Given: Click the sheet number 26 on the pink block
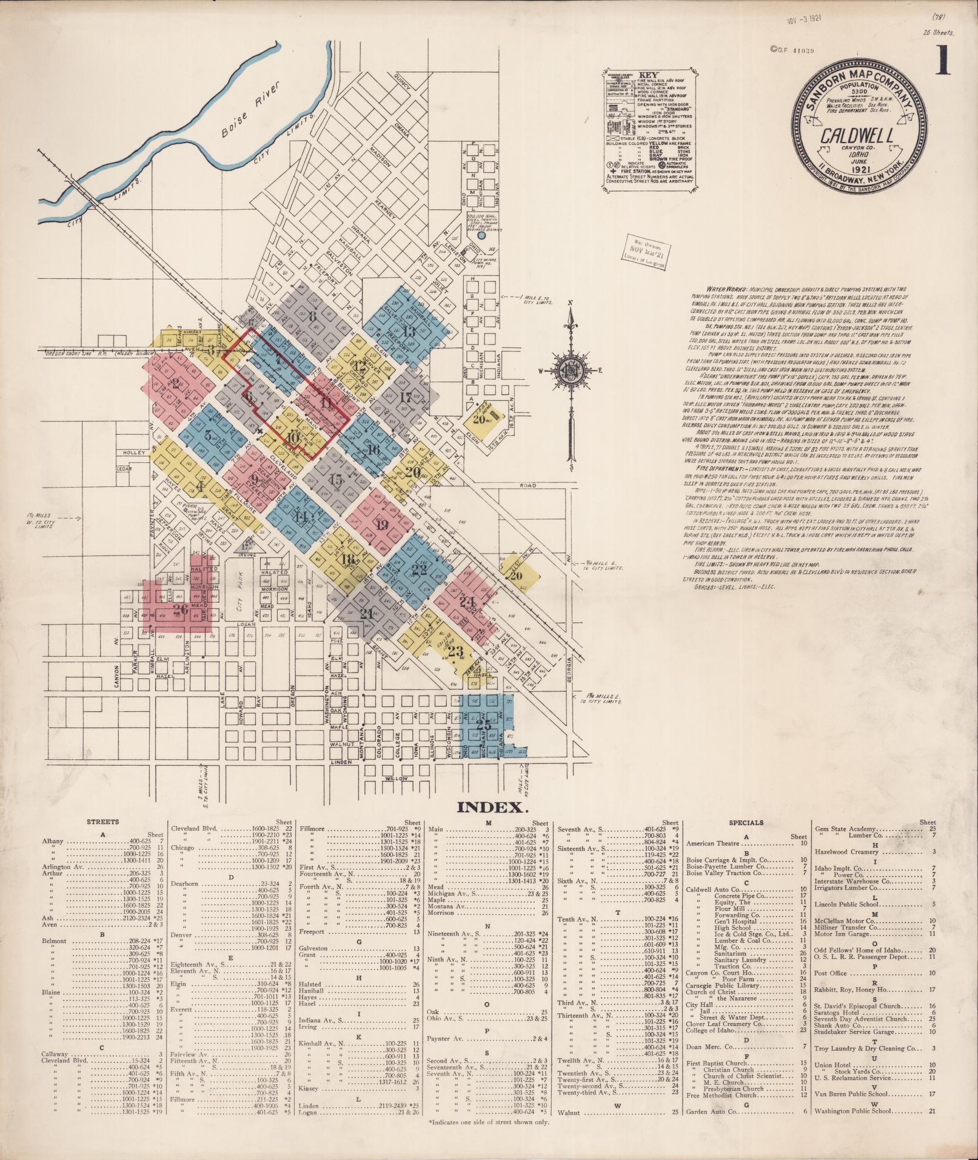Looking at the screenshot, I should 180,609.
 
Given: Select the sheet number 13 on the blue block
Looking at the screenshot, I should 409,331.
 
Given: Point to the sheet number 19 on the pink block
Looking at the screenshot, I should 381,525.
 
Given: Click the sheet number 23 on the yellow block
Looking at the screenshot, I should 455,652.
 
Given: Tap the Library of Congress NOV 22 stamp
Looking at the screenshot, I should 647,249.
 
